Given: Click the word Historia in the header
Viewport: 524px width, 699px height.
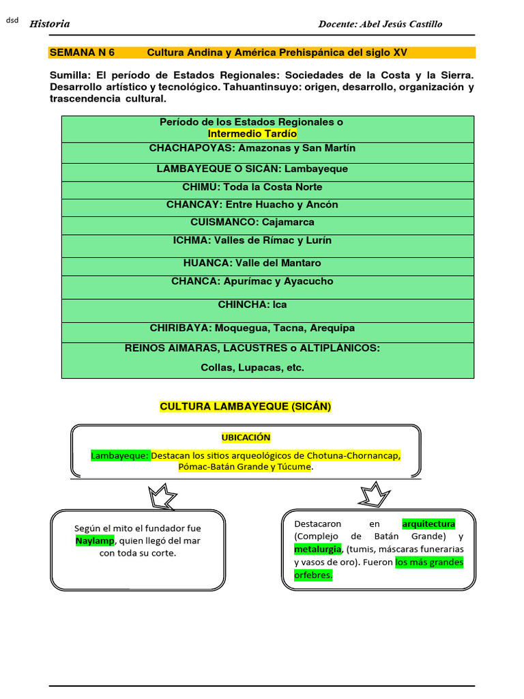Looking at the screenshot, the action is point(49,24).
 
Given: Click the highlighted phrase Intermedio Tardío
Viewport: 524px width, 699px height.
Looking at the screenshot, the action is point(252,134).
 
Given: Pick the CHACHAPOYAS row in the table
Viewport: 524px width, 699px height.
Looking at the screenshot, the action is point(252,148).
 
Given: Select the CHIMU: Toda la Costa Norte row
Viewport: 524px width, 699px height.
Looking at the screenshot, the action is point(252,187).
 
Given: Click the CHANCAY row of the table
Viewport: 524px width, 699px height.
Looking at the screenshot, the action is point(252,205).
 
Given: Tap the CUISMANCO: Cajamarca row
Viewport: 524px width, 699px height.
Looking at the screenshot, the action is point(252,223).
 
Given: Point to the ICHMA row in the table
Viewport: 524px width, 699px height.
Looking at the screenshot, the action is point(252,240).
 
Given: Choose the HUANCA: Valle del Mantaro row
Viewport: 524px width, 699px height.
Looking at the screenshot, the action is point(252,263).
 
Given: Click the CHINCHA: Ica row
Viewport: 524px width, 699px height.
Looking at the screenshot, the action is point(252,304).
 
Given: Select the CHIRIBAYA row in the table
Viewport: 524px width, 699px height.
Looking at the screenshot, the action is point(252,328).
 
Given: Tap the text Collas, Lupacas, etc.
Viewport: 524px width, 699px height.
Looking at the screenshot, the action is point(252,367).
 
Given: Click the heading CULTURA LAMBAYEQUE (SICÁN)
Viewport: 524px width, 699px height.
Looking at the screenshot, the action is point(245,407).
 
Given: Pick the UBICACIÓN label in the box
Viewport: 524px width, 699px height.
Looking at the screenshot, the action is point(245,438).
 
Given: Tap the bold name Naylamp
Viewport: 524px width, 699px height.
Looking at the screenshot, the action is point(95,541).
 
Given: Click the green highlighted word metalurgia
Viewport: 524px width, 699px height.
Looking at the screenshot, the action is point(318,549).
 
